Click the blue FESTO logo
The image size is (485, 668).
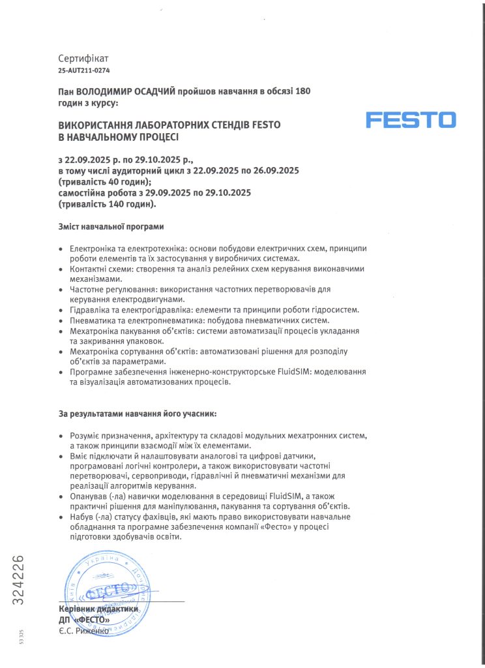(x=410, y=121)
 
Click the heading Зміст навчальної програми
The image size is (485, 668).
(x=111, y=227)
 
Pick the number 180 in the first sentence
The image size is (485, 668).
(x=302, y=92)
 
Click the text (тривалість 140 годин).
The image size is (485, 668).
(x=108, y=204)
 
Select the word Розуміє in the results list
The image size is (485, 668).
(x=89, y=435)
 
